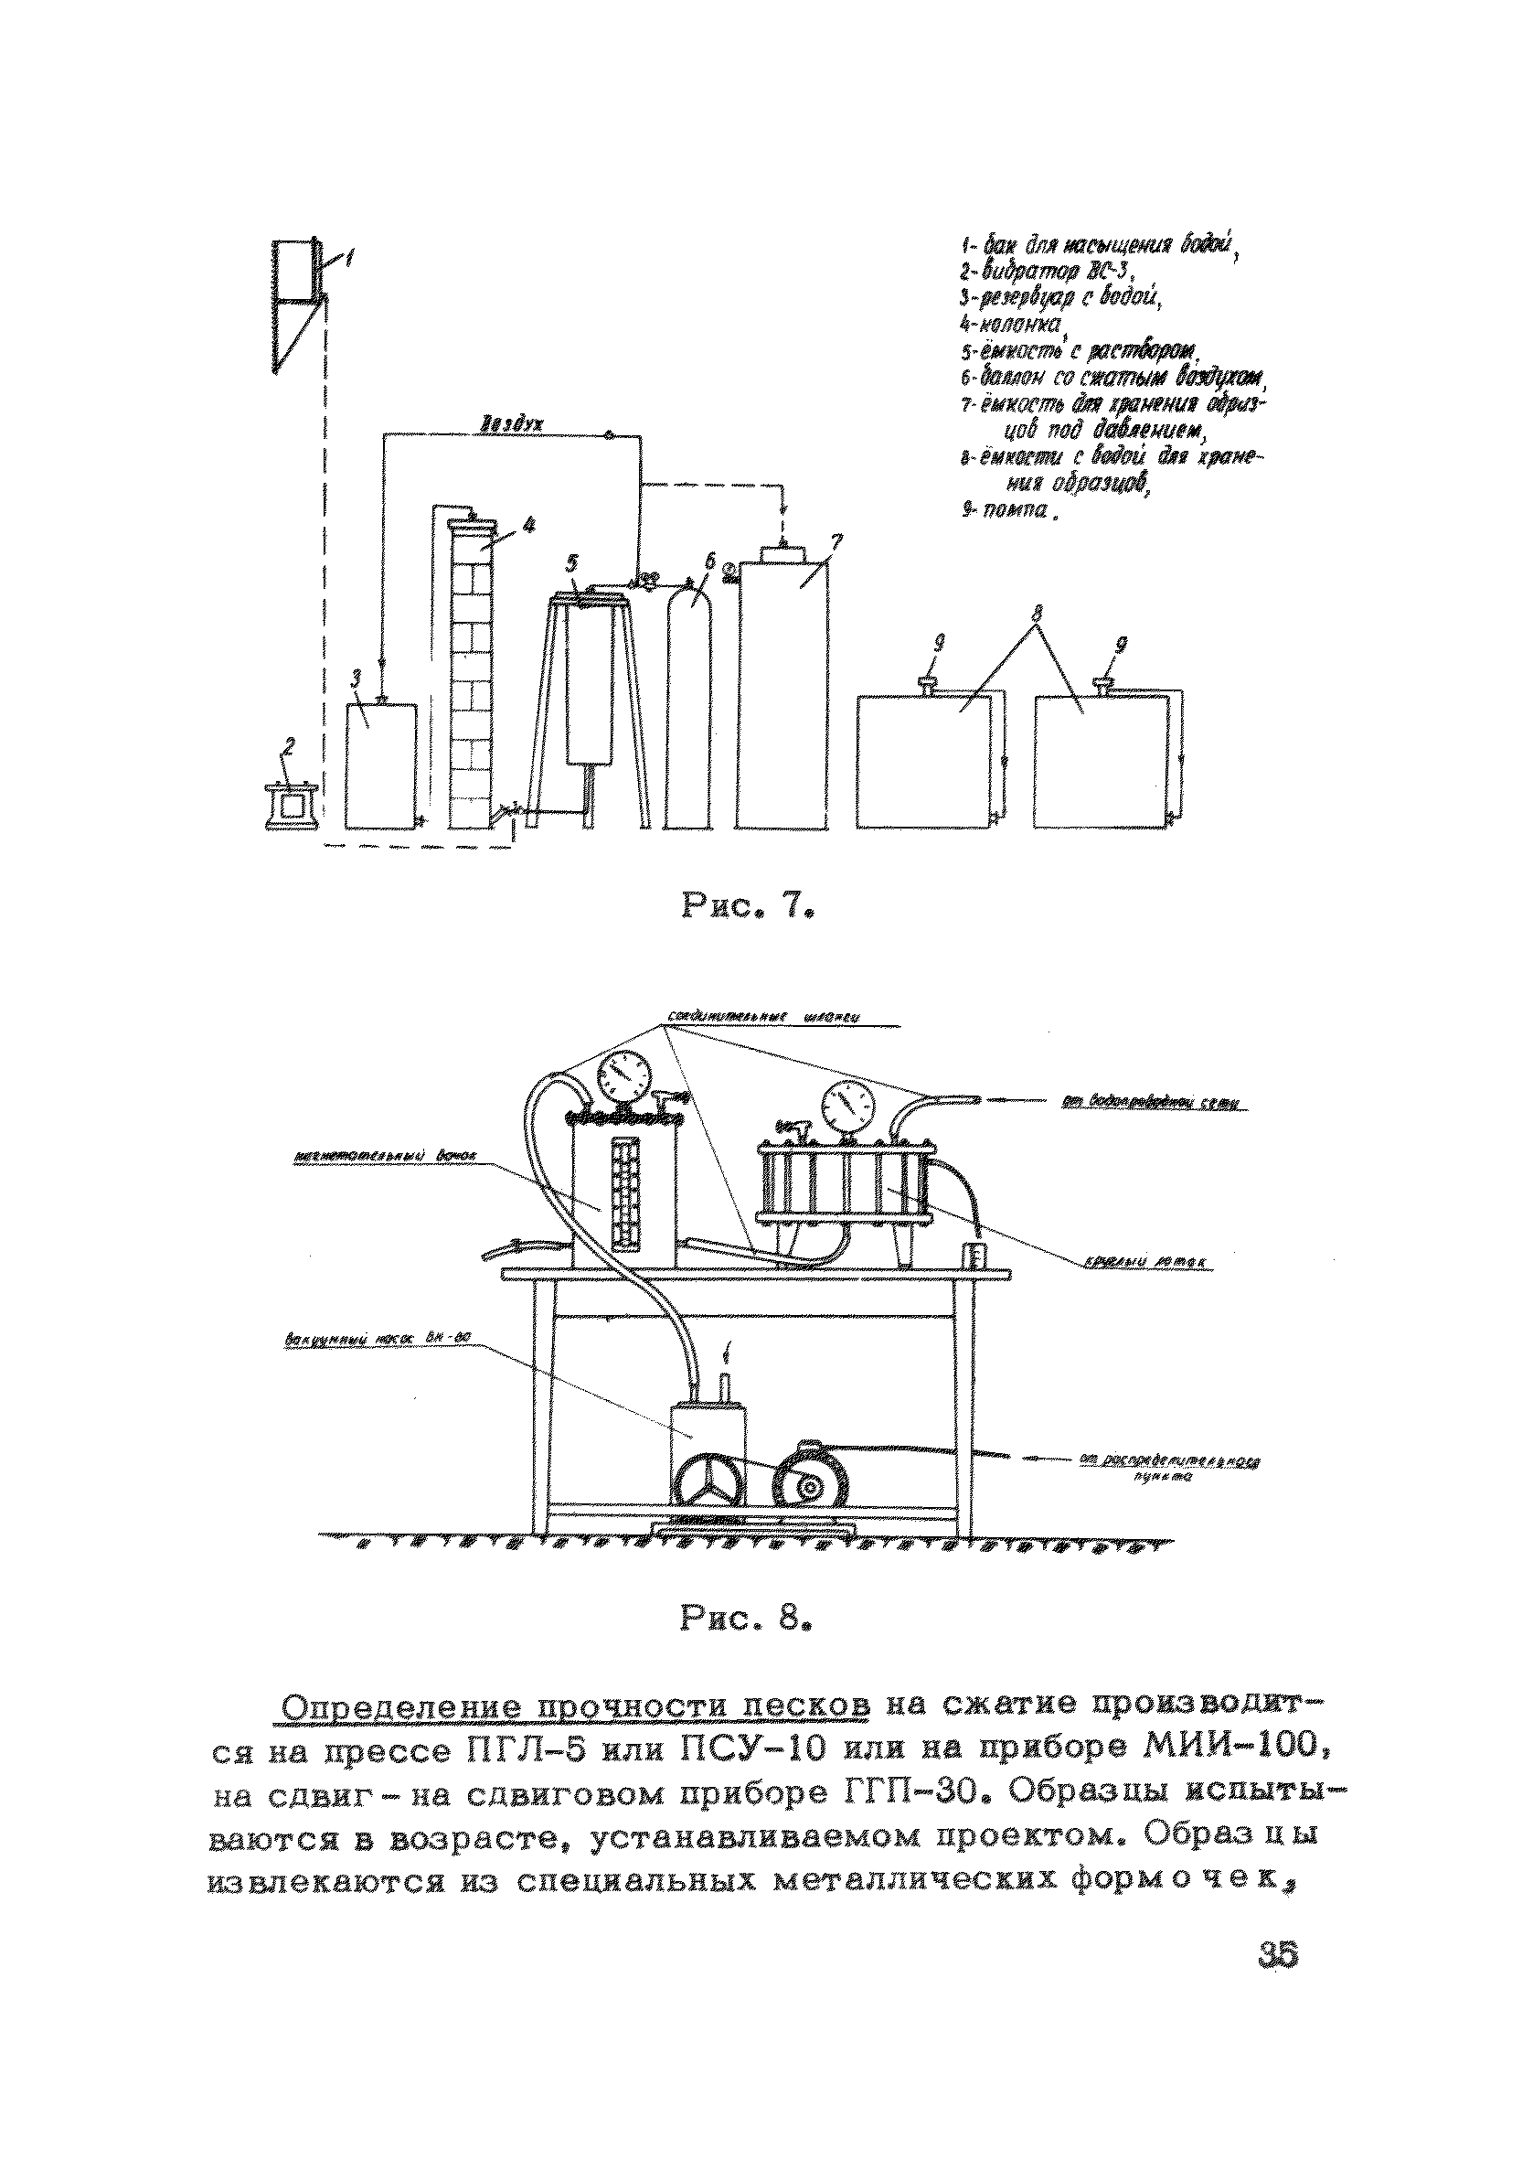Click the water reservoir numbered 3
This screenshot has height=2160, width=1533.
click(380, 765)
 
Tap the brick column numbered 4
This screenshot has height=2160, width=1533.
click(472, 670)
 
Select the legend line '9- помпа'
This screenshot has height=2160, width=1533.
click(1006, 515)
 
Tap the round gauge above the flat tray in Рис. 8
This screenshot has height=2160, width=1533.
click(847, 1103)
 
